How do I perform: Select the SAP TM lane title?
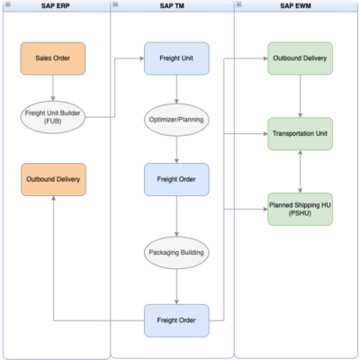coord(176,6)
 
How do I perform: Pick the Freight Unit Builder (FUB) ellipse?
coord(53,116)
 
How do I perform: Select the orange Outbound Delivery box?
coord(53,179)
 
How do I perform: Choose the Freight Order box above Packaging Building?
coord(176,179)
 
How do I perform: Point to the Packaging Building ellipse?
coord(176,253)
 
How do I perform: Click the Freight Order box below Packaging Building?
coord(176,320)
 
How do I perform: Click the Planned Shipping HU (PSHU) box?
coord(300,210)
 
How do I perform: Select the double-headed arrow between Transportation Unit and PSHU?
coord(300,172)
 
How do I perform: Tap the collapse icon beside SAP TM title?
coord(116,6)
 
